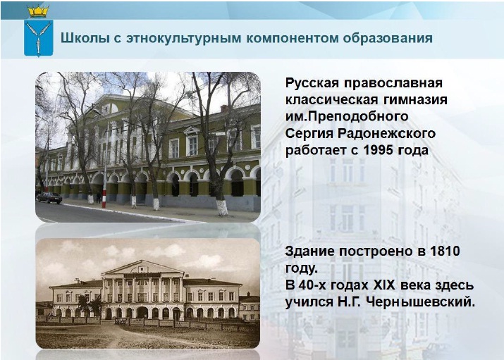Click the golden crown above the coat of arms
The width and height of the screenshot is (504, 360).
click(x=38, y=12)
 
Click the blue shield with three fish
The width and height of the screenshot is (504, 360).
click(x=39, y=38)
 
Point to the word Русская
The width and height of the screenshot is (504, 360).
click(x=312, y=84)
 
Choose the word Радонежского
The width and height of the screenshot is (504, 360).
click(x=386, y=133)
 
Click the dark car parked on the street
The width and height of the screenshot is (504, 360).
click(x=49, y=197)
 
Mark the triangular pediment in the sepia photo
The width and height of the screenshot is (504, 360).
click(x=142, y=268)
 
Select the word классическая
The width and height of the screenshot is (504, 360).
click(x=331, y=100)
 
